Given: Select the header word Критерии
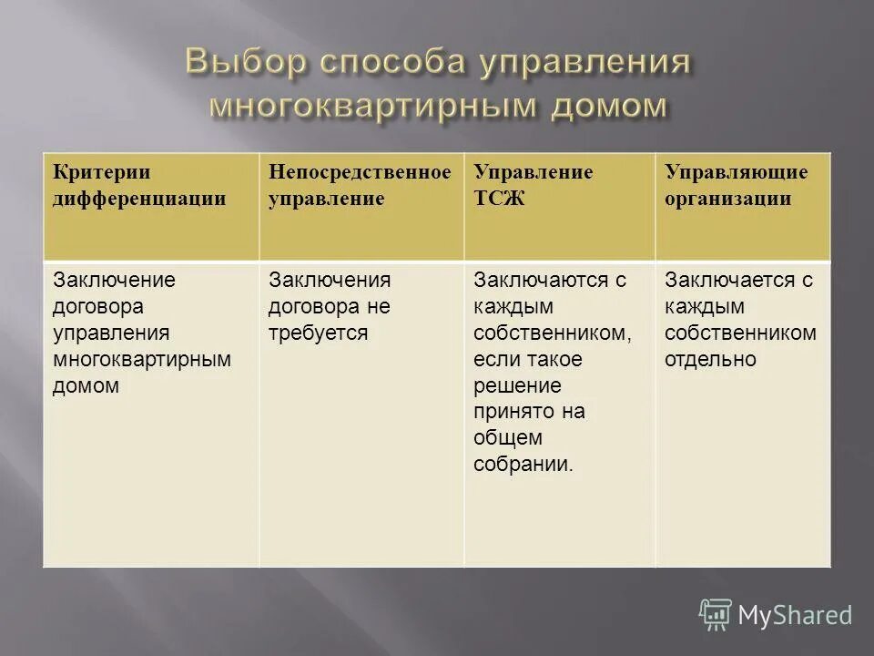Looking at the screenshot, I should pyautogui.click(x=101, y=172).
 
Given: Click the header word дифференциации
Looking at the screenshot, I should pyautogui.click(x=139, y=199).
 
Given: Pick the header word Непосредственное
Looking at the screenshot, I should pyautogui.click(x=360, y=172).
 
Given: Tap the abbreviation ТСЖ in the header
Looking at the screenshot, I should pyautogui.click(x=499, y=199).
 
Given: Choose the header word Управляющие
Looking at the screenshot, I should pyautogui.click(x=736, y=172).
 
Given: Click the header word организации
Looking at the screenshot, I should pyautogui.click(x=727, y=199).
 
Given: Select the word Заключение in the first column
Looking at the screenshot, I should pyautogui.click(x=114, y=280).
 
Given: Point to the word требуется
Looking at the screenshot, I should pyautogui.click(x=318, y=333).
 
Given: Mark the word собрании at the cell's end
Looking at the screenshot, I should pyautogui.click(x=523, y=465).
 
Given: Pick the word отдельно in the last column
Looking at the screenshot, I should pyautogui.click(x=710, y=359).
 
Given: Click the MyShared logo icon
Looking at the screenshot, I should pyautogui.click(x=716, y=615).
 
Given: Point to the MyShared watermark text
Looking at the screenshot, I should pyautogui.click(x=795, y=616).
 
